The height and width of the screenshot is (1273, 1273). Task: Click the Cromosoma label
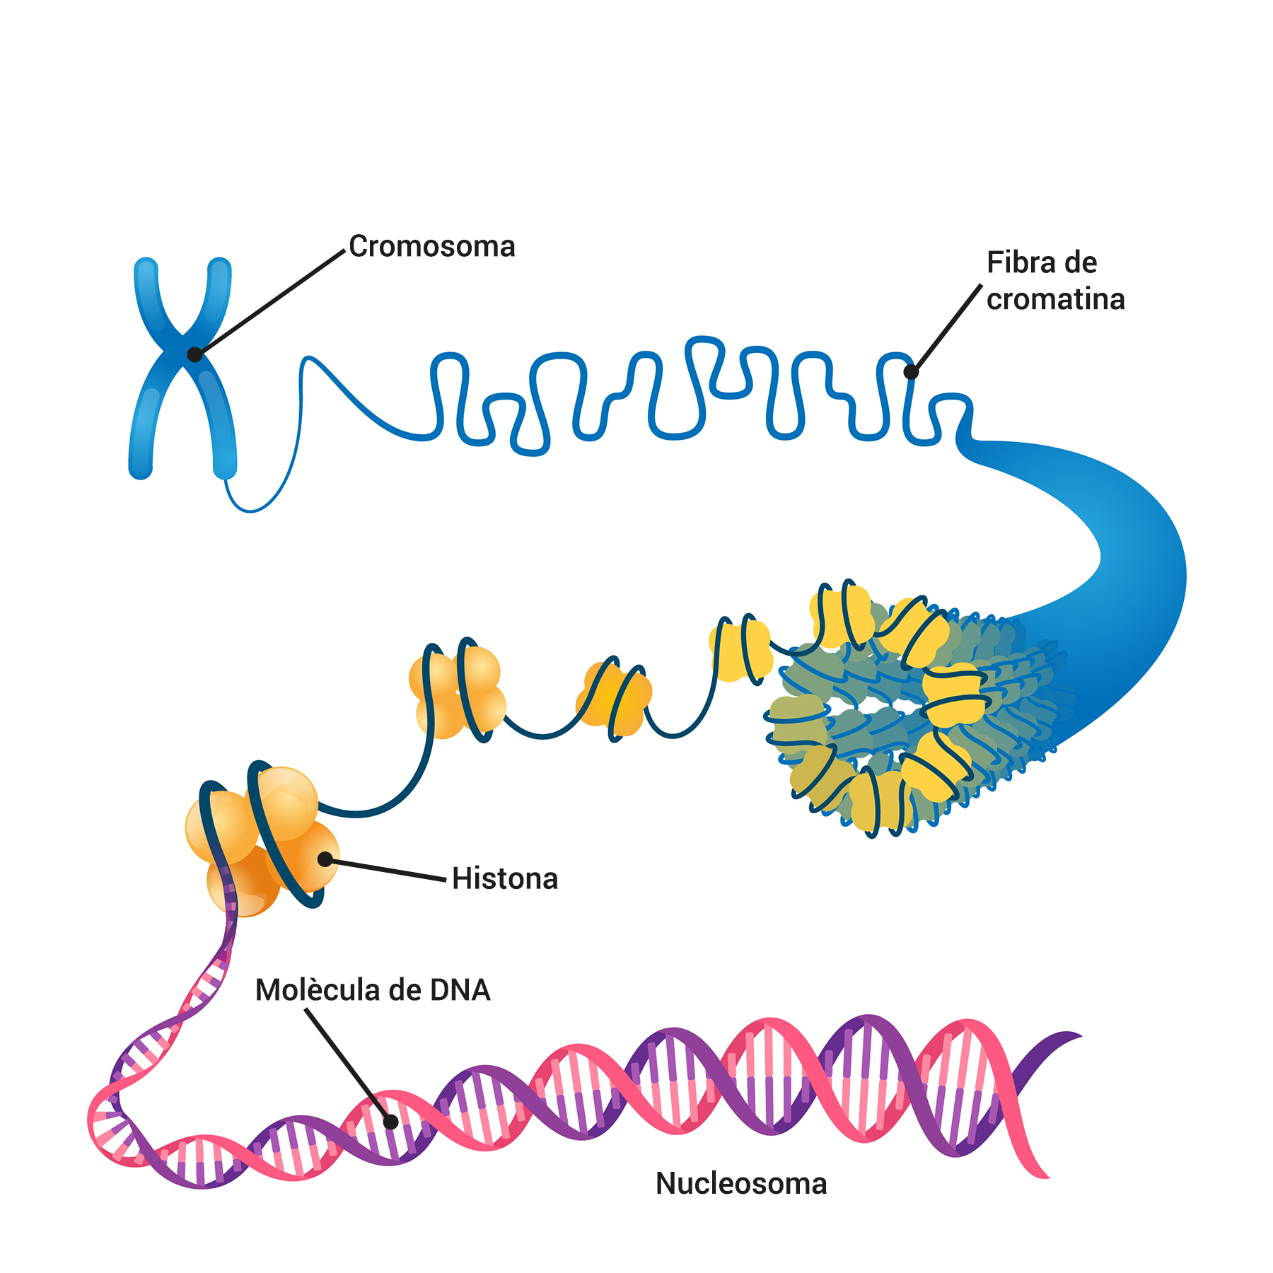pos(431,247)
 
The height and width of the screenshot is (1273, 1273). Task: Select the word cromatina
pos(1055,300)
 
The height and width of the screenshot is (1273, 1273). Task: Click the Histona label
pos(505,879)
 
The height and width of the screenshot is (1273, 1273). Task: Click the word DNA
pos(460,990)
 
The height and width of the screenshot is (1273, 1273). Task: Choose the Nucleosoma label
pos(741,1184)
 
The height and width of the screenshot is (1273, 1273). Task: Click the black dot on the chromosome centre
pos(194,354)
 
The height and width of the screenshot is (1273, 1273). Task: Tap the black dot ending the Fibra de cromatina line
pos(911,371)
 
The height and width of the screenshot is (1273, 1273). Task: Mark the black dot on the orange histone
pos(325,859)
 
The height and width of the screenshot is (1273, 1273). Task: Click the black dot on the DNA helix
pos(390,1122)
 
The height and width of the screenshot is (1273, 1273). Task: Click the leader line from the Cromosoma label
pos(269,303)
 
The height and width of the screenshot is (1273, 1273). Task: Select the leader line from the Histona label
pos(385,870)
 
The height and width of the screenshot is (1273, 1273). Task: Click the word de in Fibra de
pos(1081,263)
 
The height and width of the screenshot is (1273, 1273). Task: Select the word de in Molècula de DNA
pos(405,990)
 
